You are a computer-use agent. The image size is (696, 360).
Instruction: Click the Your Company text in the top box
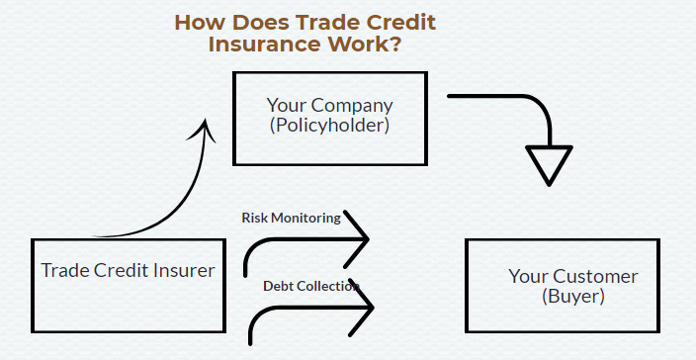329,105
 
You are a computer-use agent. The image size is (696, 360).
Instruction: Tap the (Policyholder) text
329,126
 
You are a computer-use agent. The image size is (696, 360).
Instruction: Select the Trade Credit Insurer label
128,270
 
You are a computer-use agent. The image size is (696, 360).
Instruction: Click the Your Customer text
572,276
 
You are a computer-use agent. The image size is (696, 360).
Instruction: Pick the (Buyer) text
572,296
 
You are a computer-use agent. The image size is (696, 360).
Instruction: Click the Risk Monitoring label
291,218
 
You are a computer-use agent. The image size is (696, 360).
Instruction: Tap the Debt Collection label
310,286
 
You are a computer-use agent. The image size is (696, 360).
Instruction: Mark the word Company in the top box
353,105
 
